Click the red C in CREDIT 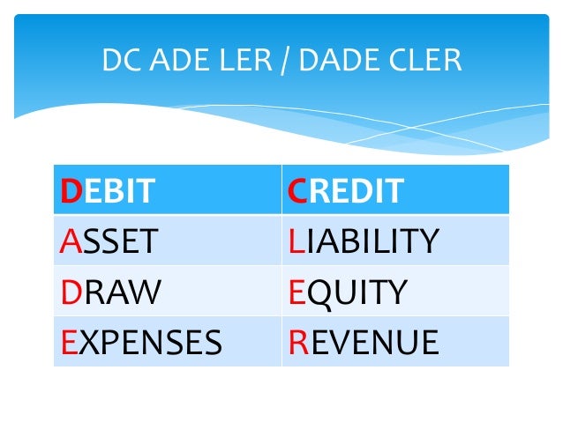pos(298,190)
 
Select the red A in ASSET pos(69,241)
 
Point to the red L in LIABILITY pos(295,241)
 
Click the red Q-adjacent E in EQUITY pos(297,291)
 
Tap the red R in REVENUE pos(297,341)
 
